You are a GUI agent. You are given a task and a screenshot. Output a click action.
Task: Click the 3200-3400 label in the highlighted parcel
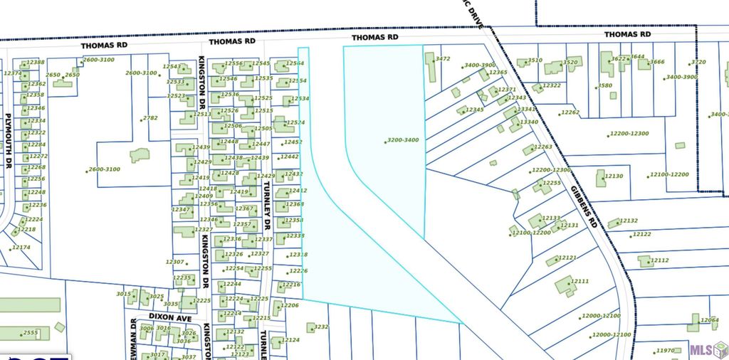point(403,140)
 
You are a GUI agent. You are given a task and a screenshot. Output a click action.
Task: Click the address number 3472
point(443,59)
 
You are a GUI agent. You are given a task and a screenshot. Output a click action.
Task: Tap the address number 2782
point(150,118)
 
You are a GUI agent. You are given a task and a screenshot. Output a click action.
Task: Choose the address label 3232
point(321,327)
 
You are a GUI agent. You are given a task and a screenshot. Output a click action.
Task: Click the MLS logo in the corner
point(706,349)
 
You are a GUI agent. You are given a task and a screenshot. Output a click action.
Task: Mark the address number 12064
point(710,320)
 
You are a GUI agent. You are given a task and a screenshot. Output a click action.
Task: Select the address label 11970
point(665,351)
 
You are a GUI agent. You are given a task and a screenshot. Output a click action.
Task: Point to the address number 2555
point(31,333)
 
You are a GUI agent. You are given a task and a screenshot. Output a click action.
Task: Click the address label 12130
point(614,176)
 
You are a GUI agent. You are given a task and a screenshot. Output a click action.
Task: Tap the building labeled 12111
point(564,285)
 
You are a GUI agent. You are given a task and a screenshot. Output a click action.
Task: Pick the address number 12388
point(36,63)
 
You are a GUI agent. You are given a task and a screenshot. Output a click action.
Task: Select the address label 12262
point(570,113)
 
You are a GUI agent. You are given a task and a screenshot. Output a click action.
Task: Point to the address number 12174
point(21,248)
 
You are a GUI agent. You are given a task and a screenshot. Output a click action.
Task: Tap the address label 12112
point(660,261)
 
